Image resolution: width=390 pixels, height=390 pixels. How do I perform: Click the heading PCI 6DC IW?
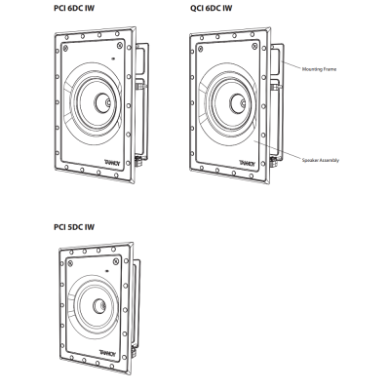(74, 8)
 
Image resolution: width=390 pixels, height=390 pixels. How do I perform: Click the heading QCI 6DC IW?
(212, 8)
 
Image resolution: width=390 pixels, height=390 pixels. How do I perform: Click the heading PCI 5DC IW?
(74, 227)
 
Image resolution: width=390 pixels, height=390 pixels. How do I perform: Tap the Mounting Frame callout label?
(319, 69)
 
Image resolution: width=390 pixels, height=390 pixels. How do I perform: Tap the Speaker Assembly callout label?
(321, 160)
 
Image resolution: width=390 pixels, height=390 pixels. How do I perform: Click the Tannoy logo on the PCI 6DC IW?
(112, 162)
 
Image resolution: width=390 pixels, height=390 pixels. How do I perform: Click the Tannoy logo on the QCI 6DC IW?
(248, 163)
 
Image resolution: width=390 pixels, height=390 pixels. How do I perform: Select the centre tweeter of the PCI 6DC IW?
(103, 103)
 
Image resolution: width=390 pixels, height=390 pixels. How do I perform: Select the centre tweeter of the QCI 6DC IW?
(238, 103)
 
